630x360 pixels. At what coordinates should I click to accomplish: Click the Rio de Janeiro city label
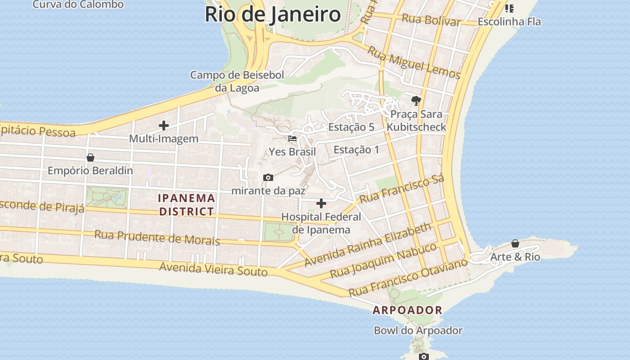click(x=273, y=14)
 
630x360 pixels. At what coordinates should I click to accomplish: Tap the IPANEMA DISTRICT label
click(x=186, y=205)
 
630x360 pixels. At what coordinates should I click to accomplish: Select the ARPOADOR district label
click(x=407, y=310)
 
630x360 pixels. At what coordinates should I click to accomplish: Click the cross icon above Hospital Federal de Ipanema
click(x=321, y=203)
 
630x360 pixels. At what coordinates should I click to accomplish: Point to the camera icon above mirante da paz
click(x=268, y=178)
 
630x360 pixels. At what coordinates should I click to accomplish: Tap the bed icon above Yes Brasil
click(x=292, y=139)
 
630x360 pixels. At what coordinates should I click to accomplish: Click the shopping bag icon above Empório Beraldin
click(x=90, y=157)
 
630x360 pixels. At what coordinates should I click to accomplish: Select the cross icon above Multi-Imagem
click(x=164, y=126)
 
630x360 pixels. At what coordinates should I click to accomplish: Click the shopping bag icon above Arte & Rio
click(x=515, y=244)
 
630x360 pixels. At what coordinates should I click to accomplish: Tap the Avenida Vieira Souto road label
click(x=213, y=269)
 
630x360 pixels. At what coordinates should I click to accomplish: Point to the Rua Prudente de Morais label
click(x=157, y=237)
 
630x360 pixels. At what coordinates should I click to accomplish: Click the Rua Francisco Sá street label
click(x=402, y=189)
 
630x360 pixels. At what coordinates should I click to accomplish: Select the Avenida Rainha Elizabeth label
click(x=368, y=245)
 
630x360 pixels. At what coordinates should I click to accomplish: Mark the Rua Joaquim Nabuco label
click(x=383, y=261)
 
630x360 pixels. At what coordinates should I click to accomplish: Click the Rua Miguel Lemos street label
click(x=414, y=63)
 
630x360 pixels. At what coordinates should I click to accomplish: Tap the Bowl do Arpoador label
click(x=418, y=331)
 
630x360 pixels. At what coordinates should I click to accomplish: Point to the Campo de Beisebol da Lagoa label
click(x=237, y=81)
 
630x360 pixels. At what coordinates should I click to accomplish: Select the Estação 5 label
click(x=351, y=127)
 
